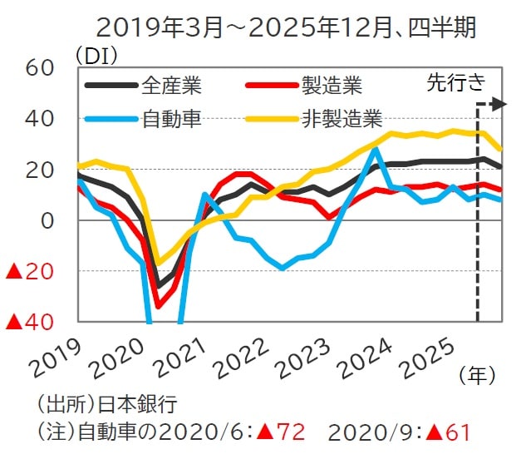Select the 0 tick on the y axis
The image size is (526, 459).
click(x=46, y=220)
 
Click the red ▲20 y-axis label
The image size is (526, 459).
click(x=30, y=271)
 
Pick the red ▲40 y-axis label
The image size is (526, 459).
click(x=30, y=322)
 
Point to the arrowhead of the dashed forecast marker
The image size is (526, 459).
click(x=499, y=104)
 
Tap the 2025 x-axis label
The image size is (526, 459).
click(x=452, y=357)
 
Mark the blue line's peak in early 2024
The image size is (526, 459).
click(x=376, y=150)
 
